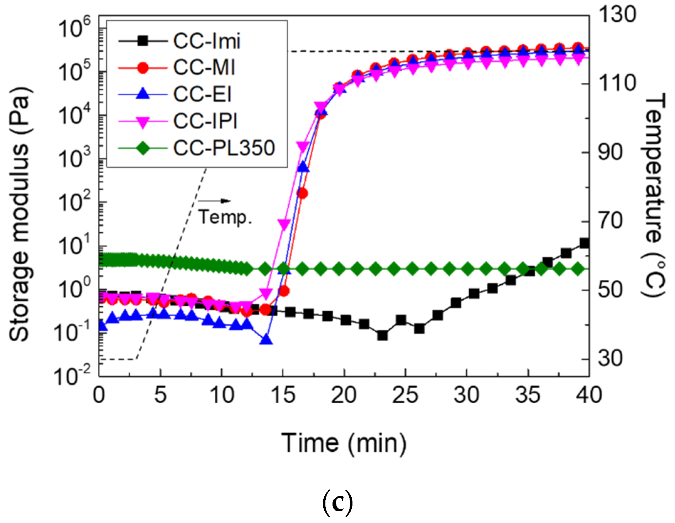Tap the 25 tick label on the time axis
tap(405, 395)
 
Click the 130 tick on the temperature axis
tap(617, 15)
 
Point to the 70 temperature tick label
tap(611, 221)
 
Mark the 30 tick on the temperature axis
tap(611, 358)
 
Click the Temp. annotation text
tap(225, 217)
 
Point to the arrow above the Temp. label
tap(214, 201)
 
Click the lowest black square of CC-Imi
tap(382, 335)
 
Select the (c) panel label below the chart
tap(337, 502)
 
